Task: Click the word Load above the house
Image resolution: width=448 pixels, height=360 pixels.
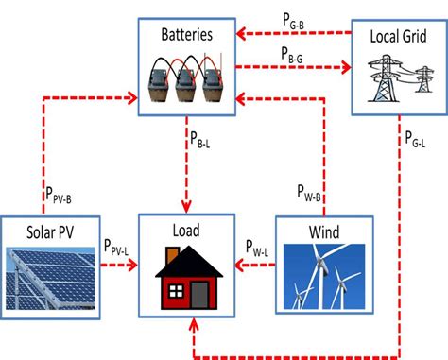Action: click(x=185, y=231)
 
